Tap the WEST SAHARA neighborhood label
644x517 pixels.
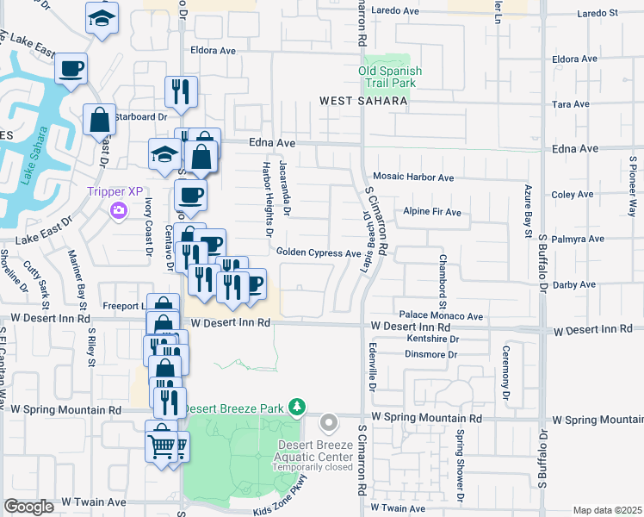(x=362, y=101)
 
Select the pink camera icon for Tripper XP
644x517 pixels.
(x=119, y=209)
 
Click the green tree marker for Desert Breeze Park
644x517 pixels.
(x=297, y=405)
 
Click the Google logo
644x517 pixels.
(x=28, y=508)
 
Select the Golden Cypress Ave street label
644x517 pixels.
(x=318, y=253)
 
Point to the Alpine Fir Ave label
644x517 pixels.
(x=432, y=212)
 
